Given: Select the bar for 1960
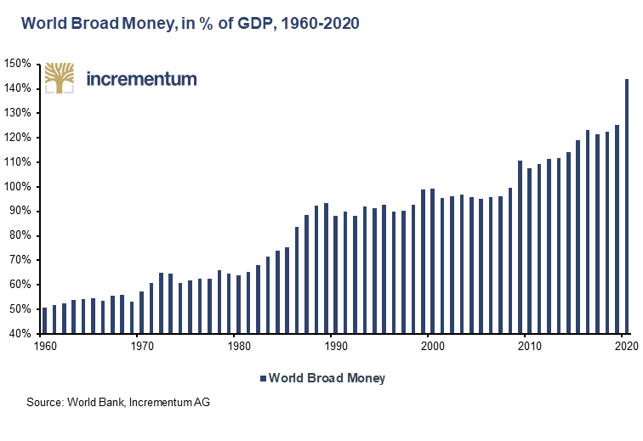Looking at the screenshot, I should tap(44, 320).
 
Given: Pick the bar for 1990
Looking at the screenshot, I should tap(335, 274).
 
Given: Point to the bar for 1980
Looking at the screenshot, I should tap(238, 304).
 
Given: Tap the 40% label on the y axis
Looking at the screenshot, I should tap(20, 334).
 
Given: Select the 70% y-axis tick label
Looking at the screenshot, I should tap(20, 260).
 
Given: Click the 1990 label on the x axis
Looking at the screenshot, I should tap(335, 346).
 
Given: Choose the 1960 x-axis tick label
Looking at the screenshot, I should tap(44, 346).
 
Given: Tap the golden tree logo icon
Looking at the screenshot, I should tap(59, 78).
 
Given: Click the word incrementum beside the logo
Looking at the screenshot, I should tap(142, 79).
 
